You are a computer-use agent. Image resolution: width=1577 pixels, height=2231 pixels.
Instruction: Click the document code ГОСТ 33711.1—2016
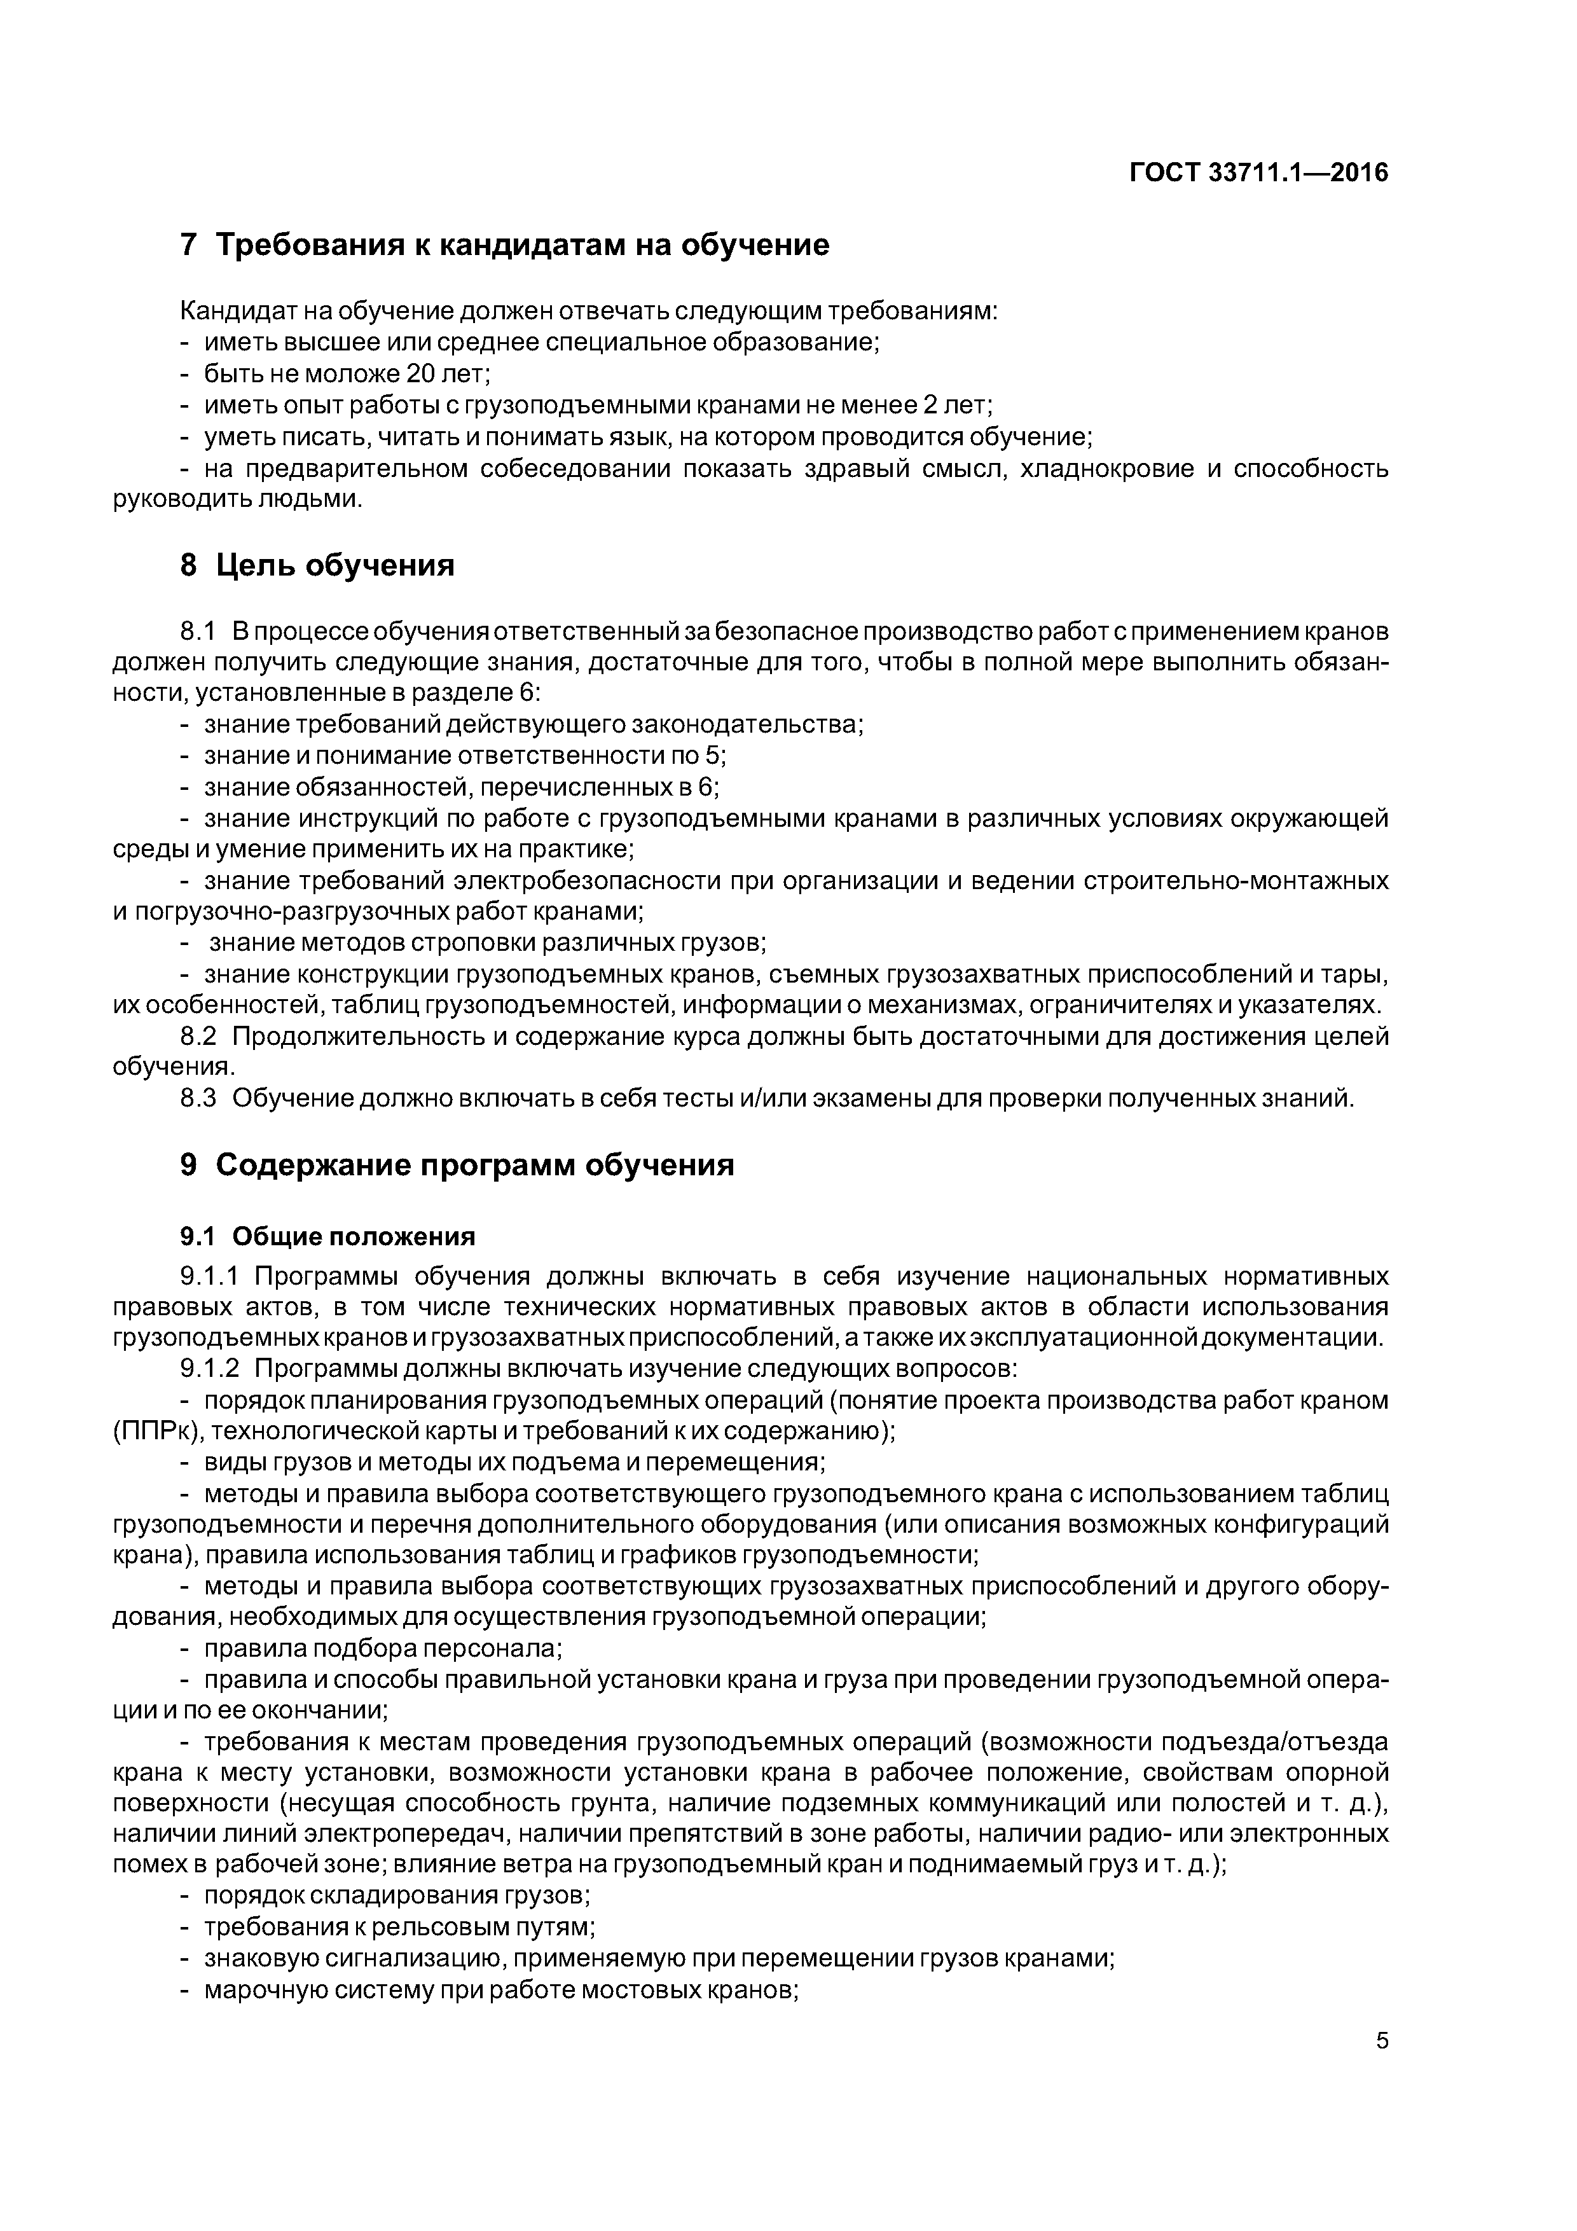pos(1259,173)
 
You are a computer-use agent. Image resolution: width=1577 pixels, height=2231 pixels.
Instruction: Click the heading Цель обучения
pos(335,565)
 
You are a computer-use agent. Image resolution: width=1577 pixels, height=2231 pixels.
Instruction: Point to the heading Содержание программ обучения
pos(474,1164)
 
